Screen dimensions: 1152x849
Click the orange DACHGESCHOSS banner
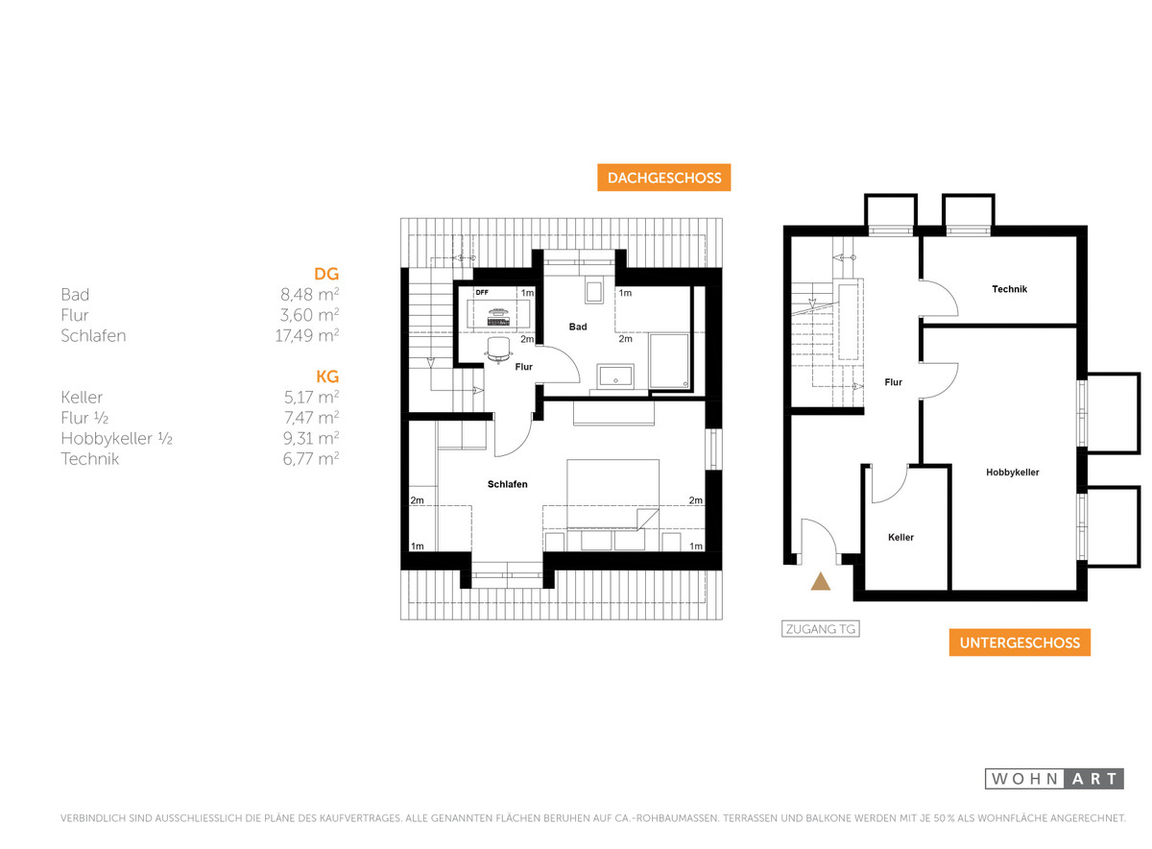[663, 178]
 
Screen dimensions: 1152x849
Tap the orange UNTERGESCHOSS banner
[1020, 643]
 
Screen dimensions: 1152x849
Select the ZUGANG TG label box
[820, 629]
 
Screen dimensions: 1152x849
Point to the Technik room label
[1009, 289]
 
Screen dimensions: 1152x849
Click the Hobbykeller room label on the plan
[1012, 473]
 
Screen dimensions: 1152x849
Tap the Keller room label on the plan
[900, 537]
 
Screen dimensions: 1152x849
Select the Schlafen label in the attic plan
[507, 484]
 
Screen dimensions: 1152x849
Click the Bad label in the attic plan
[578, 327]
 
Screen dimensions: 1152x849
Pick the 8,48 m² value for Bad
[309, 294]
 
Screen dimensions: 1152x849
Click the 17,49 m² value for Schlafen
[306, 335]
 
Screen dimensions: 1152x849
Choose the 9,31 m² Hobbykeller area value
[311, 438]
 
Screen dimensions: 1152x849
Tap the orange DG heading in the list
[326, 274]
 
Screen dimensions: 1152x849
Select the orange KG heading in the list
[327, 376]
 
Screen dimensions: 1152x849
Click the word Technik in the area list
[90, 458]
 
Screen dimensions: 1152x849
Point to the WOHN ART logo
[1054, 779]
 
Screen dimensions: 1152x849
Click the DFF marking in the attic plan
[482, 293]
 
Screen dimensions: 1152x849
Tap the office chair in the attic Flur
[498, 350]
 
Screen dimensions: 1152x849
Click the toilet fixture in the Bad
[593, 292]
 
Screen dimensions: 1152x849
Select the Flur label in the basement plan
[893, 382]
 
